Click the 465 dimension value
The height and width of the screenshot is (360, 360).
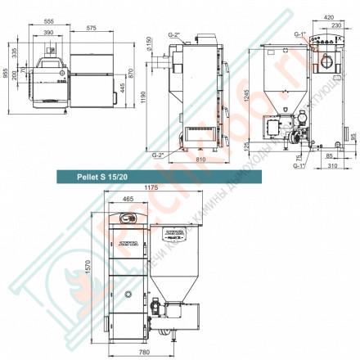click(127, 199)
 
